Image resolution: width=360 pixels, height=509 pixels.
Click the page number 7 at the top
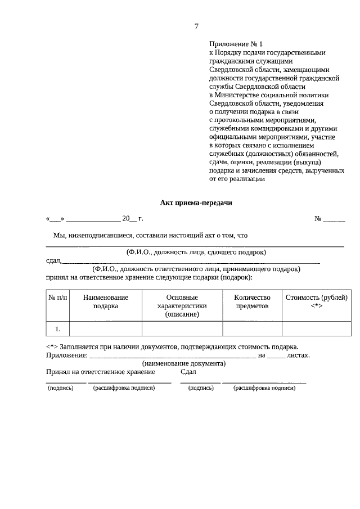(x=196, y=26)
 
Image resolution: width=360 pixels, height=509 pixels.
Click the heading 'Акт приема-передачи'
(x=196, y=203)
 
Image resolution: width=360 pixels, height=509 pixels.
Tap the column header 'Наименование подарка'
(x=105, y=301)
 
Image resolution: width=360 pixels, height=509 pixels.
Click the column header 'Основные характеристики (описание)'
(x=182, y=305)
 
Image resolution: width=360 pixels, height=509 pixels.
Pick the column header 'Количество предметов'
(x=252, y=301)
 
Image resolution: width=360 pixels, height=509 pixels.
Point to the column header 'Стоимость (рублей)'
(x=316, y=298)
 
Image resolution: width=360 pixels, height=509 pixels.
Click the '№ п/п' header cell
(x=57, y=298)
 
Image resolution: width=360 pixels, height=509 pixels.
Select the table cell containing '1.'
(x=57, y=328)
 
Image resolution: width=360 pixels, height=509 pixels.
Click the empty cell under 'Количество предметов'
(x=252, y=328)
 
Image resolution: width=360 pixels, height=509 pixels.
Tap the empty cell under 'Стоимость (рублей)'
(x=316, y=328)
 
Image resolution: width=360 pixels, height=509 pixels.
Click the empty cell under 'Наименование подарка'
(x=105, y=328)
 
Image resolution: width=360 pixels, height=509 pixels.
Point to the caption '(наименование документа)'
(x=184, y=363)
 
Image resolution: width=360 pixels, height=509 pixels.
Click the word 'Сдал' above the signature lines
(x=188, y=372)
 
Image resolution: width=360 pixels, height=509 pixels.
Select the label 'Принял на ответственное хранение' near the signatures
(x=101, y=372)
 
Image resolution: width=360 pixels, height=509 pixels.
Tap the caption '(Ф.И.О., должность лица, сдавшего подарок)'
(x=196, y=252)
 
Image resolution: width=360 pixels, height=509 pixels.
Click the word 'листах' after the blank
(x=298, y=355)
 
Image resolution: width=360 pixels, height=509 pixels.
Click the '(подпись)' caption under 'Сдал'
(x=200, y=388)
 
